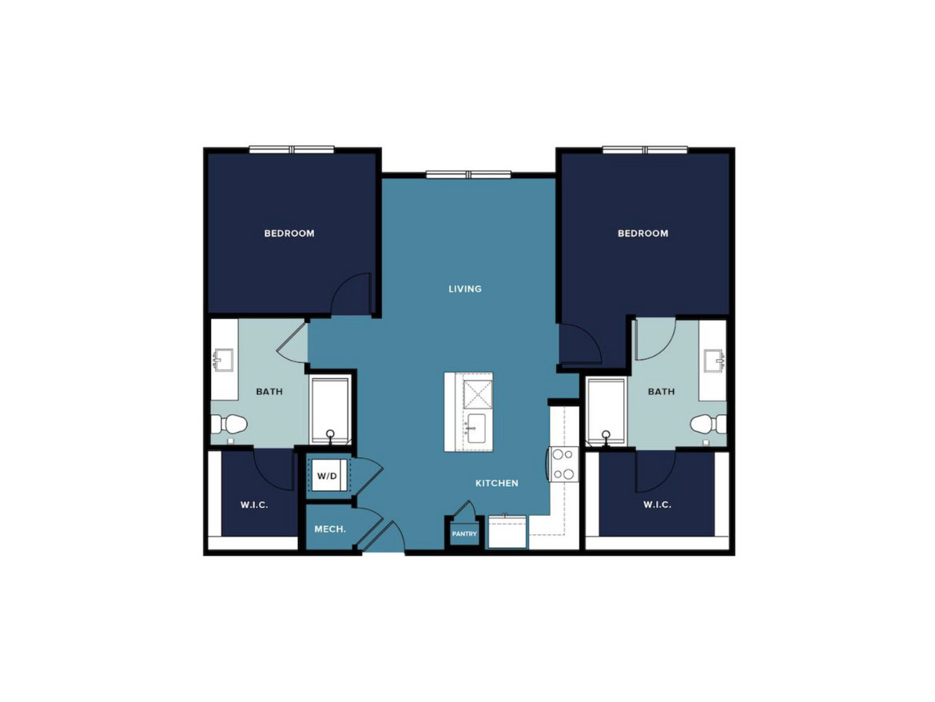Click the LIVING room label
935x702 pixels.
coord(464,289)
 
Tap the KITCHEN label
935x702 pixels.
coord(497,483)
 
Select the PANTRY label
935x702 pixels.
coord(464,534)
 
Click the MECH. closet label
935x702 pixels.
coord(330,529)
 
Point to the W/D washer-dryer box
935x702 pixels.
coord(328,476)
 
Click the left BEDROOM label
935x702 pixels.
coord(289,233)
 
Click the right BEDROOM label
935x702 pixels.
coord(643,233)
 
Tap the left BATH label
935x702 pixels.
coord(269,392)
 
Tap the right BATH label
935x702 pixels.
coord(662,392)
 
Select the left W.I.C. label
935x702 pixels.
coord(254,505)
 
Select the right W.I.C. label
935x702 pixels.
coord(657,505)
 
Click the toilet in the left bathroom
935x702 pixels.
coord(229,424)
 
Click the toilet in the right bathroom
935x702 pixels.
coord(708,424)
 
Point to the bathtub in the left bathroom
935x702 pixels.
coord(330,412)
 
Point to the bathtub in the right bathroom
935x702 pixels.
coord(607,412)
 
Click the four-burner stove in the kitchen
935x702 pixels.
coord(563,464)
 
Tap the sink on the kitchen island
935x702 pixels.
coord(476,429)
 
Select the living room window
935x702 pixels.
coord(468,175)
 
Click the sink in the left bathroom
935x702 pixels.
coord(224,360)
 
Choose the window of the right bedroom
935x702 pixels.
coord(645,150)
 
